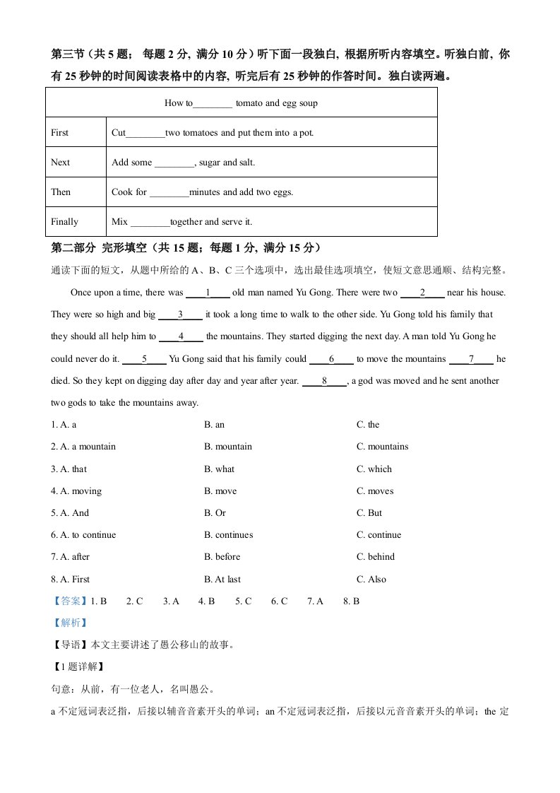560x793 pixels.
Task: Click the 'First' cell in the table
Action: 60,133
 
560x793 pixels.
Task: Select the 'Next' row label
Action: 61,163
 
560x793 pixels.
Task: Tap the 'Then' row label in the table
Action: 61,192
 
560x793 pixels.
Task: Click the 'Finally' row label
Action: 65,222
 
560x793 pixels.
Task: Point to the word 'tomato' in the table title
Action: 249,103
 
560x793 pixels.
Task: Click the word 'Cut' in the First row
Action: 119,133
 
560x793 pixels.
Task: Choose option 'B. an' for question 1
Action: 215,425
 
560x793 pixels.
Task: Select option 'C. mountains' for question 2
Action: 382,447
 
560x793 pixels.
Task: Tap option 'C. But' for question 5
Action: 370,513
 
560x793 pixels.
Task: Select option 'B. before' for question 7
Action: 222,557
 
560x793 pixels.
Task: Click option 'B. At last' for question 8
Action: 222,580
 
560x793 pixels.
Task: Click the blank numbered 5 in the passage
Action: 145,359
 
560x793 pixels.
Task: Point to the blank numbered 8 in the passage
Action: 324,381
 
